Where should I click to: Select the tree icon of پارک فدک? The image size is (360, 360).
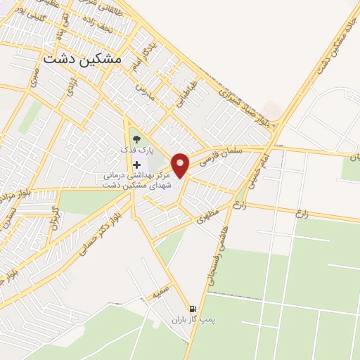[136, 140]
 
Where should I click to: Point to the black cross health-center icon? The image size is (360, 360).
[136, 165]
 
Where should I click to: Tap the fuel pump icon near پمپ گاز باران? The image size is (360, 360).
[191, 308]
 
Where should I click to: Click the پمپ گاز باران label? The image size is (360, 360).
[191, 320]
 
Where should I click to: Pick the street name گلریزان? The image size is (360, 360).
[56, 224]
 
